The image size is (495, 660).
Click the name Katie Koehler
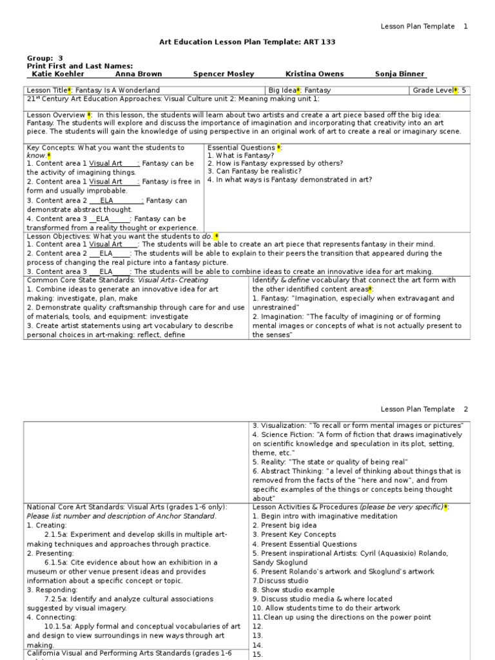coord(57,74)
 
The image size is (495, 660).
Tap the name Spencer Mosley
coord(224,74)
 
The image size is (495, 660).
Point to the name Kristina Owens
coord(314,74)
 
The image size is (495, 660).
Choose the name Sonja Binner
coord(400,74)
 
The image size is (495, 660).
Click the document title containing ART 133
coord(247,42)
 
